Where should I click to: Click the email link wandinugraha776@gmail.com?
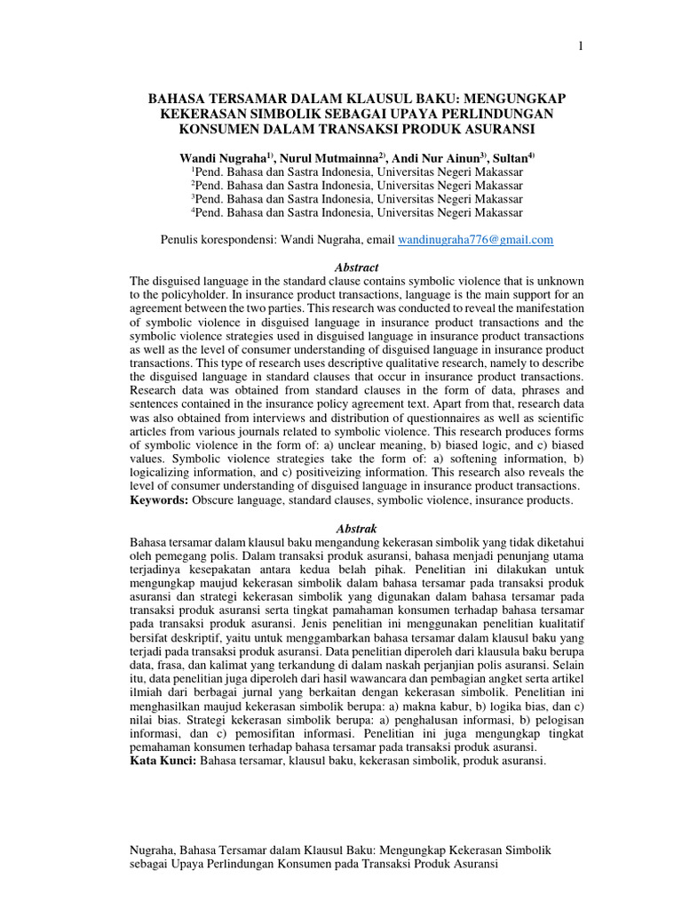point(475,240)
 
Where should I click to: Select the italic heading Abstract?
point(356,267)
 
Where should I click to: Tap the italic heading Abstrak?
point(356,528)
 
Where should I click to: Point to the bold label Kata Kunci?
point(164,762)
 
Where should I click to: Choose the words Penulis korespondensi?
point(217,240)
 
